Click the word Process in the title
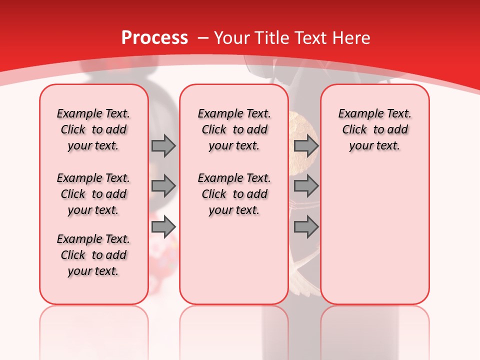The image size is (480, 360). pos(154,38)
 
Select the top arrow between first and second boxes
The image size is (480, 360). pos(163,145)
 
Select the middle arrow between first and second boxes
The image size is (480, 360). pos(163,186)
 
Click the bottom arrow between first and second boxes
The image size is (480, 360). pos(163,227)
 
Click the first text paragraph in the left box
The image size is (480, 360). pos(93,129)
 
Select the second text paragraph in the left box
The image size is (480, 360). pos(93,194)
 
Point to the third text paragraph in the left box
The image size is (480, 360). pos(93,255)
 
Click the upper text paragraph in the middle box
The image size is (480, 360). pos(234,129)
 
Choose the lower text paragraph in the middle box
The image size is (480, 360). pos(234,194)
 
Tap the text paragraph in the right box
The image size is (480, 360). pos(375,129)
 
